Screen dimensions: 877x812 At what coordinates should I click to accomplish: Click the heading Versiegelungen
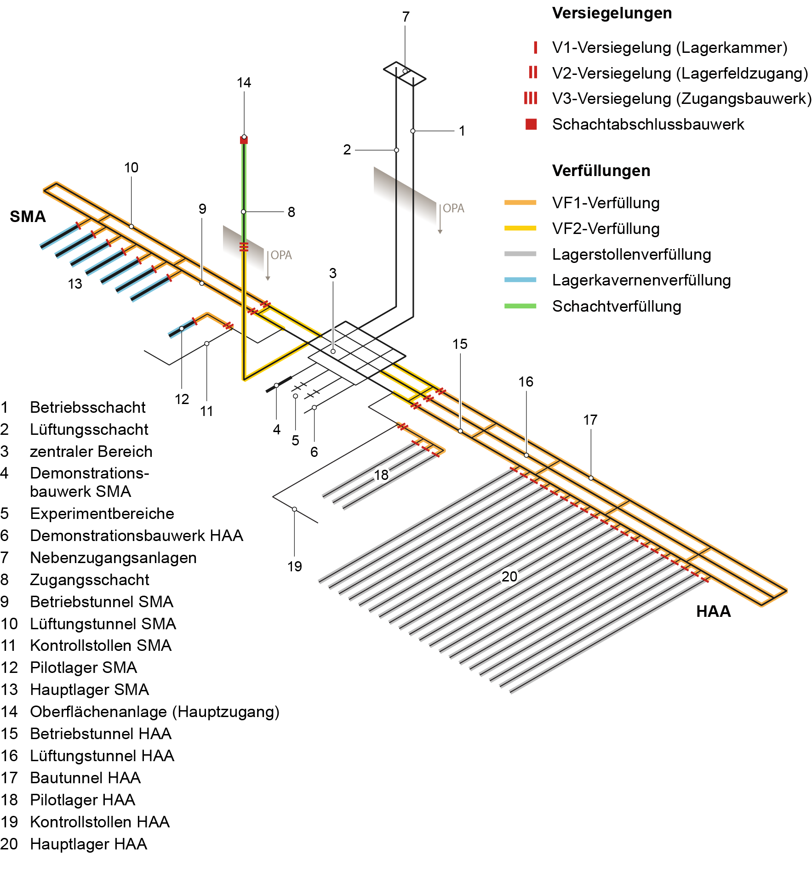click(x=612, y=13)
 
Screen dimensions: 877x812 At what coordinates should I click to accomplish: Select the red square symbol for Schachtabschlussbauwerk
click(x=531, y=124)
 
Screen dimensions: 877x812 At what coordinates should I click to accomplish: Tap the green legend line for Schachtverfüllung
click(x=520, y=306)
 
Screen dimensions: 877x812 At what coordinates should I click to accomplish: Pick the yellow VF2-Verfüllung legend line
click(x=520, y=228)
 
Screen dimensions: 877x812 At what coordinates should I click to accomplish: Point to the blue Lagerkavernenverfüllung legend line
click(x=520, y=280)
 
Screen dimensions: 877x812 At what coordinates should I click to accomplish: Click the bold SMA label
click(x=28, y=216)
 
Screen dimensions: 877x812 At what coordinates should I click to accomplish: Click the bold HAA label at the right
click(x=713, y=611)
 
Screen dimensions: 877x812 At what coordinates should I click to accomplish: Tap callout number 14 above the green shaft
click(x=244, y=83)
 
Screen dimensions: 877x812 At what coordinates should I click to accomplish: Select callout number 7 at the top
click(x=406, y=17)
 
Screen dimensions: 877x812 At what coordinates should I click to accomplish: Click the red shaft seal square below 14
click(x=244, y=140)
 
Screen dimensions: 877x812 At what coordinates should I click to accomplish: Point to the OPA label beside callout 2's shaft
click(x=453, y=209)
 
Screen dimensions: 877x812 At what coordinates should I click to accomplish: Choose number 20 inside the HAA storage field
click(x=509, y=576)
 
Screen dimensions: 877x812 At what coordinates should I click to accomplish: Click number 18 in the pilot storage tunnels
click(x=381, y=475)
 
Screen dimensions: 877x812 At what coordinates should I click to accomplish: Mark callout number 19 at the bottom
click(x=295, y=566)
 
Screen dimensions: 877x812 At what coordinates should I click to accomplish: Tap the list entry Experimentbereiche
click(x=102, y=513)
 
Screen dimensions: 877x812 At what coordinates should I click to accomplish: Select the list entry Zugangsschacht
click(x=89, y=580)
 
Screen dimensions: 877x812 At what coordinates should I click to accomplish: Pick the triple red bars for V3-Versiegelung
click(x=530, y=98)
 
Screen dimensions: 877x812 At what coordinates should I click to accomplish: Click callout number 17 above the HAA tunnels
click(x=590, y=420)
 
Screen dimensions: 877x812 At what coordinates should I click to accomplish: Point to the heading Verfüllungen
click(x=601, y=171)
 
